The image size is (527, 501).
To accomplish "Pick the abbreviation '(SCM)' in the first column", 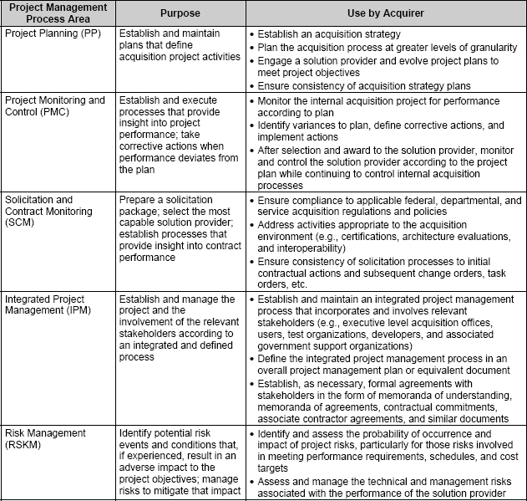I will coord(20,225).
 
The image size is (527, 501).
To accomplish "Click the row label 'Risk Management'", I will coord(45,433).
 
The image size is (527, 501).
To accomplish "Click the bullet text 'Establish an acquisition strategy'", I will coord(330,35).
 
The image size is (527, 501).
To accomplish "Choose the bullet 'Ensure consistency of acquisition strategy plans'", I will coord(365,86).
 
